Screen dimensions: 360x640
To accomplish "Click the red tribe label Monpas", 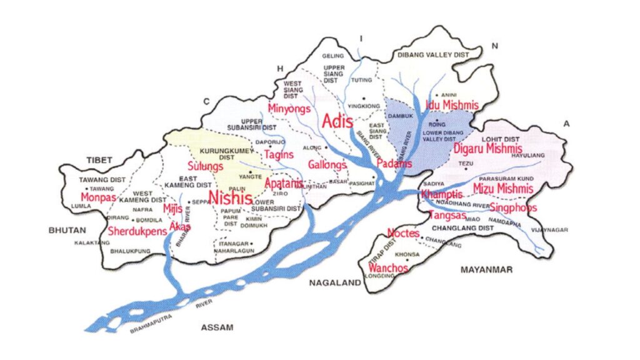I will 99,197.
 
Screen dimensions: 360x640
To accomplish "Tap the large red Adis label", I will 337,122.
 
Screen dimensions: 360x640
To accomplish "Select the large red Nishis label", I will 231,198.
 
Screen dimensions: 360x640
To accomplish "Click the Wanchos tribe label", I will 388,268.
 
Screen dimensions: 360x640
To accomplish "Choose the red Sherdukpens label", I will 137,231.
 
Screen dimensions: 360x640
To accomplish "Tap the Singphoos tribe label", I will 513,207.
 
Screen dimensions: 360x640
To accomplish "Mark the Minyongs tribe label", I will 289,109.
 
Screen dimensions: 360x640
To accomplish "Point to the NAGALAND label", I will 336,282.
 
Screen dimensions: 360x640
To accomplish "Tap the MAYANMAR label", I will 486,270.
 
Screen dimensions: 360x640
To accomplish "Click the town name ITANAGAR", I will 232,243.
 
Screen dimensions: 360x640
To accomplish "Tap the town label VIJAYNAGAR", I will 549,230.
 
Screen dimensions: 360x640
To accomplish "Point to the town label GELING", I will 333,56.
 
